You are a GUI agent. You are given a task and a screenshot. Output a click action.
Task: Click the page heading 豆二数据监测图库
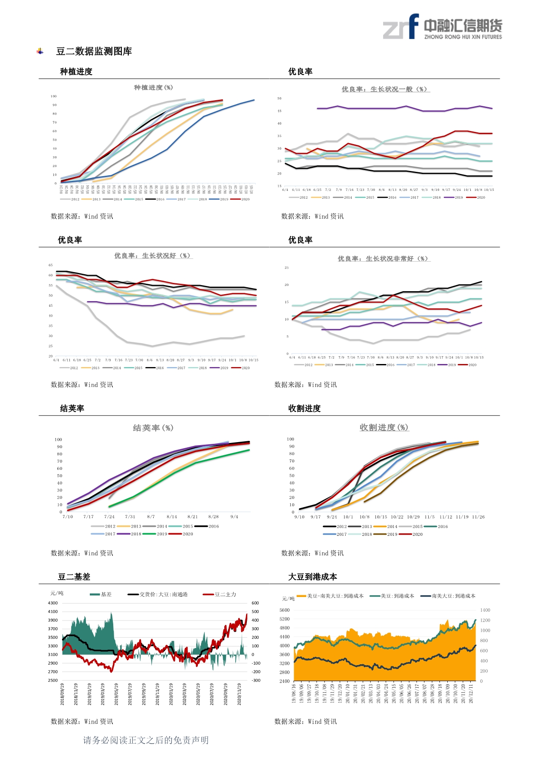click(94, 51)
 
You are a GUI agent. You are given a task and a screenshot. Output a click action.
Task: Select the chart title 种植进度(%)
click(153, 88)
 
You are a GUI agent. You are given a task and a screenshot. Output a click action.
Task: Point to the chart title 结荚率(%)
click(153, 428)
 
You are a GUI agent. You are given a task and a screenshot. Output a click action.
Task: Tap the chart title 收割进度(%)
click(384, 427)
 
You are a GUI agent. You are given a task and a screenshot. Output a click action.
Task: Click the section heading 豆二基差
click(74, 577)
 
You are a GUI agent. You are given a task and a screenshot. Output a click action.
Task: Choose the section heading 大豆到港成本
click(312, 577)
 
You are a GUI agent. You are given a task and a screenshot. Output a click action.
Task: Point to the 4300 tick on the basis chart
click(52, 603)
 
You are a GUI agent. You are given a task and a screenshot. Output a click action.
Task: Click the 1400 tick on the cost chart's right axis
click(485, 610)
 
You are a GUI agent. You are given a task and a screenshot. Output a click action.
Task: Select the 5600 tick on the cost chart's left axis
click(285, 610)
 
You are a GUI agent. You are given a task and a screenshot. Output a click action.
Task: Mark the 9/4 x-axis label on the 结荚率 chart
click(234, 517)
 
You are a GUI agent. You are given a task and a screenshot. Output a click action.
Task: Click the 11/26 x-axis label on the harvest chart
click(478, 517)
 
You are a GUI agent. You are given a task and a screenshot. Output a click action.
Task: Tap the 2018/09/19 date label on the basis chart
click(62, 694)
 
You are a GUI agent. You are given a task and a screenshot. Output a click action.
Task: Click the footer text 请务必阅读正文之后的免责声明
click(146, 740)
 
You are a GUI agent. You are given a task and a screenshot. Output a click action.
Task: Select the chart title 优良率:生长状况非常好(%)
click(384, 259)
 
